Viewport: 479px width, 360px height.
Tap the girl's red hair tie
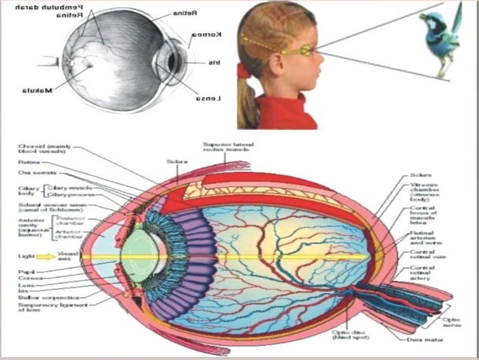pos(243,71)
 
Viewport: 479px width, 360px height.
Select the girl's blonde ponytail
pos(247,101)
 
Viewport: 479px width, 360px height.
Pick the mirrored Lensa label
pos(207,98)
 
